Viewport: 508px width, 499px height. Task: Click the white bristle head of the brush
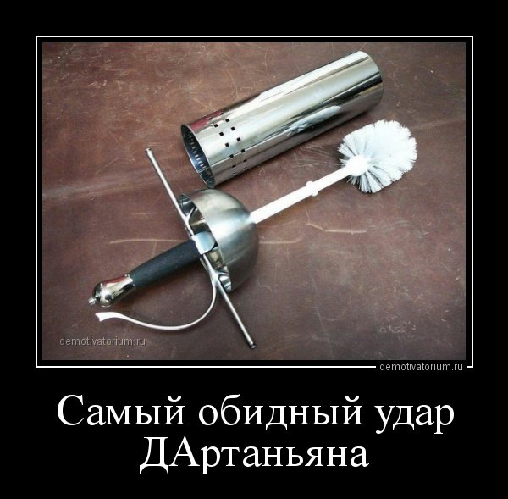pos(378,156)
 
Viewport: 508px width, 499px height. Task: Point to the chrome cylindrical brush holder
pos(281,118)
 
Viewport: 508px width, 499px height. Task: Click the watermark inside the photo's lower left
pos(103,341)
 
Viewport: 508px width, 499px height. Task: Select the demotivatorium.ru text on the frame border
pos(421,367)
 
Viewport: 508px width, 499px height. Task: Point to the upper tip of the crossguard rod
pos(149,151)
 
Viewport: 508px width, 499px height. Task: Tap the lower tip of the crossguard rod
pos(252,347)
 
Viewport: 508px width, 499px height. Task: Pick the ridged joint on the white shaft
pos(312,188)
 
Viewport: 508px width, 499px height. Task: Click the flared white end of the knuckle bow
pos(104,316)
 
